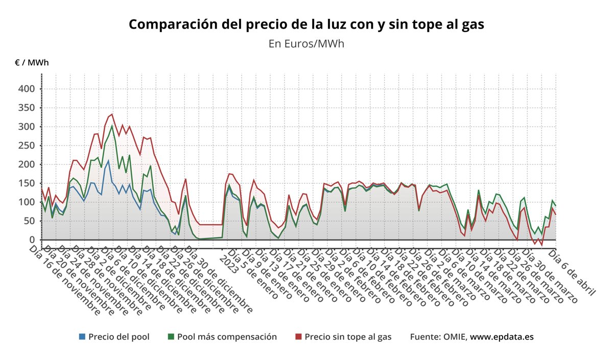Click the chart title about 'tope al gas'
pyautogui.click(x=306, y=25)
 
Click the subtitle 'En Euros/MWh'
pyautogui.click(x=306, y=44)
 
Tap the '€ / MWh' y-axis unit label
pyautogui.click(x=32, y=63)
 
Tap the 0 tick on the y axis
pyautogui.click(x=31, y=239)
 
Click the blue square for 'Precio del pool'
pyautogui.click(x=82, y=337)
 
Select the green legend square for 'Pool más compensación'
pyautogui.click(x=171, y=337)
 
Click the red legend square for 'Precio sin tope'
pyautogui.click(x=299, y=337)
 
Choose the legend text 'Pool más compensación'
pyautogui.click(x=227, y=337)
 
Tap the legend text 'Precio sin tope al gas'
pyautogui.click(x=348, y=337)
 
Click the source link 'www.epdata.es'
pyautogui.click(x=502, y=337)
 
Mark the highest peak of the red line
pyautogui.click(x=112, y=114)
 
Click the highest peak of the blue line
pyautogui.click(x=108, y=160)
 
